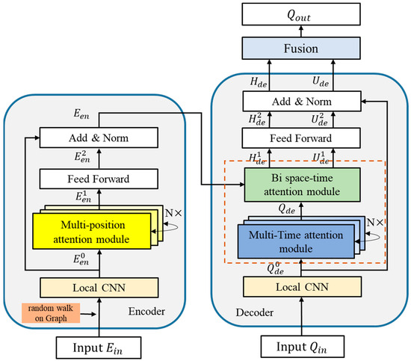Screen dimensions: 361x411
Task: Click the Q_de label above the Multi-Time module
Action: coord(286,211)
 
